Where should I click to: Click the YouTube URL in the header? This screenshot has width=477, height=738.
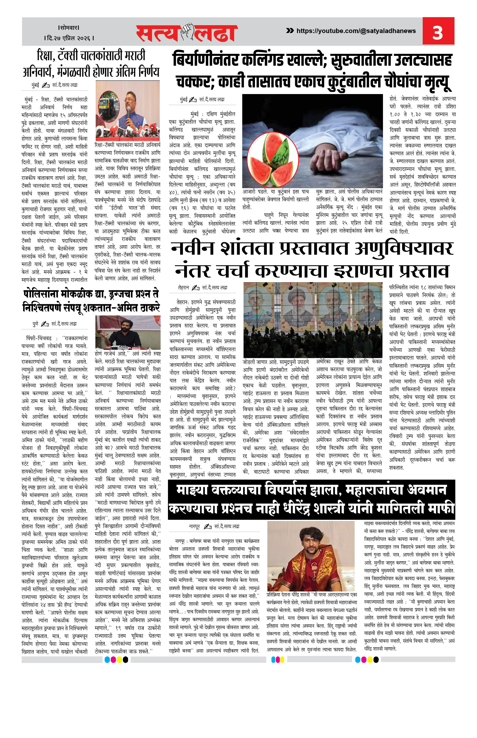point(356,31)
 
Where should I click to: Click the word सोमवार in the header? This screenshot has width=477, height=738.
point(69,27)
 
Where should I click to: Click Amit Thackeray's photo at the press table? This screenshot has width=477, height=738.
point(127,333)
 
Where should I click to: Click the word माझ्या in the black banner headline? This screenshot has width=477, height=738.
point(192,490)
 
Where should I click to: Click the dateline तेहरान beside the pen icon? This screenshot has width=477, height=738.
point(183,287)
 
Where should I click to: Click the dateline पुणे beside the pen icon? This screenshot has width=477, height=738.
point(35,324)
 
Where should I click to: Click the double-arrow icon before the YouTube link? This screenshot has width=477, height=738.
point(290,30)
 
